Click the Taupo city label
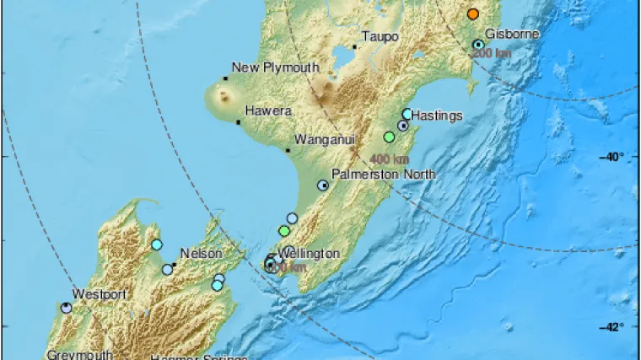pyautogui.click(x=379, y=36)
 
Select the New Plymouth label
pyautogui.click(x=275, y=67)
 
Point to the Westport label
pyautogui.click(x=99, y=294)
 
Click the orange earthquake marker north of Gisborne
pyautogui.click(x=473, y=14)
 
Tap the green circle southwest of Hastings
pyautogui.click(x=389, y=137)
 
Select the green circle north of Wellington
pyautogui.click(x=283, y=231)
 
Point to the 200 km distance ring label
pyautogui.click(x=491, y=53)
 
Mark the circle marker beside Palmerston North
pyautogui.click(x=322, y=185)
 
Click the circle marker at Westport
pyautogui.click(x=67, y=308)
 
